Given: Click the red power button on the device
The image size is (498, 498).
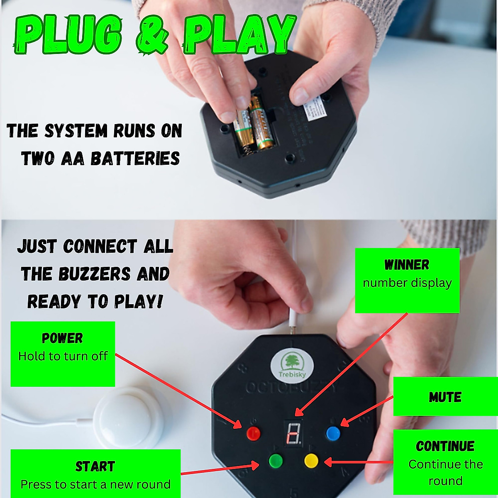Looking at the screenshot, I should [x=253, y=434].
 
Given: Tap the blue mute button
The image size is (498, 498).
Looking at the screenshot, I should [x=333, y=434].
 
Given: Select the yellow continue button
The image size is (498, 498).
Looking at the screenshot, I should [x=311, y=461].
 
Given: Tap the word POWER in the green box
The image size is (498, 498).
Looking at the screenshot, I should [x=62, y=338].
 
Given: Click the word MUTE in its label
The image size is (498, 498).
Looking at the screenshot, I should [x=445, y=397].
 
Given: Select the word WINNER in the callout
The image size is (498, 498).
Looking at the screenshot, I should [x=407, y=265].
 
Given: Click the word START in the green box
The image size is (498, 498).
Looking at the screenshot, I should [x=95, y=466].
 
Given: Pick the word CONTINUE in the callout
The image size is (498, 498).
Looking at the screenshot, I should [x=445, y=447].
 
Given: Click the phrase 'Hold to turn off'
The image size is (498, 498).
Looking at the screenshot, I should [x=63, y=356].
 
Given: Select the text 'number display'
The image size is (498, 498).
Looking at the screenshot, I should [x=407, y=283].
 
